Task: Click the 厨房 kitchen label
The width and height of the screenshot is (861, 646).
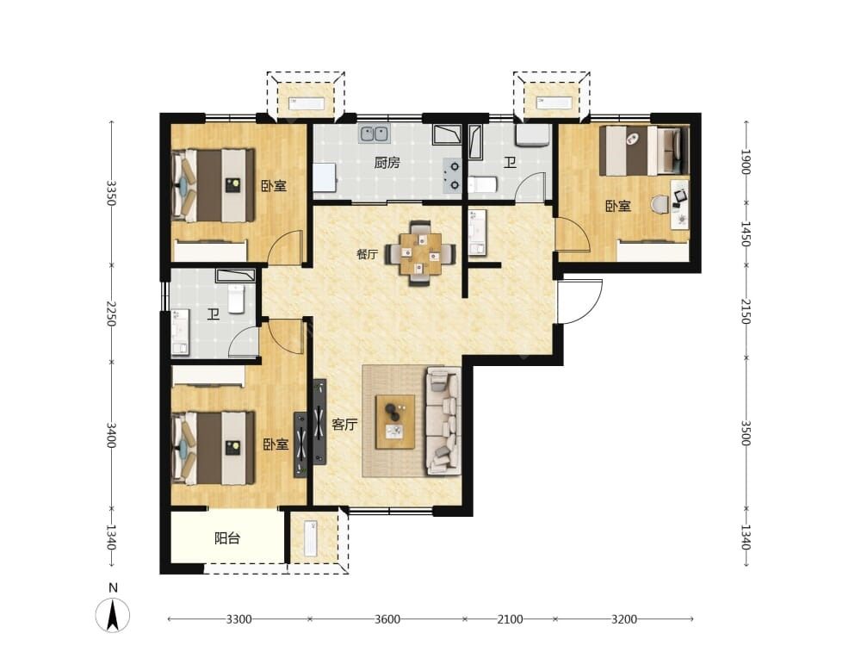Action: coord(387,163)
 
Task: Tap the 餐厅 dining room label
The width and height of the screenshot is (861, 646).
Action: coord(368,254)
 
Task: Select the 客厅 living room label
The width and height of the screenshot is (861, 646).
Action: coord(344,424)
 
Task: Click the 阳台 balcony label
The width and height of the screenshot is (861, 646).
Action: coord(227,538)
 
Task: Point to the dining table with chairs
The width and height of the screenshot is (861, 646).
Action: coord(421,253)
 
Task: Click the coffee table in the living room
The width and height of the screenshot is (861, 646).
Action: coord(395,422)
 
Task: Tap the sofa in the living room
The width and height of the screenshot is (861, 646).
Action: coord(443,421)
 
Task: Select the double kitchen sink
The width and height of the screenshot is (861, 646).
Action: coord(375,134)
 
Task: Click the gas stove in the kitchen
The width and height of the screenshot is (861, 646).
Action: coord(454,175)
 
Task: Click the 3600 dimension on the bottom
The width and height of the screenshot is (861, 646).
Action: coord(387,619)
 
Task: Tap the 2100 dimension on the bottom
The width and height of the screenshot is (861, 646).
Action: coord(510,619)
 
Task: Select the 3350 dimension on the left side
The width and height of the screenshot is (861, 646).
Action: coord(111,193)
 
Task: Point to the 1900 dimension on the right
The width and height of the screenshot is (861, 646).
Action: coord(745,162)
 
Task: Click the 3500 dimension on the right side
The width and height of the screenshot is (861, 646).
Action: coord(745,433)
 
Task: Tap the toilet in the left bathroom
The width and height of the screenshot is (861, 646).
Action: coord(236,300)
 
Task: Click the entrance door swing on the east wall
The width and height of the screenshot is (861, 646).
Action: coord(579,301)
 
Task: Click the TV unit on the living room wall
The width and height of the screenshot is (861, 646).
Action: coord(319,422)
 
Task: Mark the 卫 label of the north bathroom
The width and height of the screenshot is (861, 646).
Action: coord(510,163)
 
